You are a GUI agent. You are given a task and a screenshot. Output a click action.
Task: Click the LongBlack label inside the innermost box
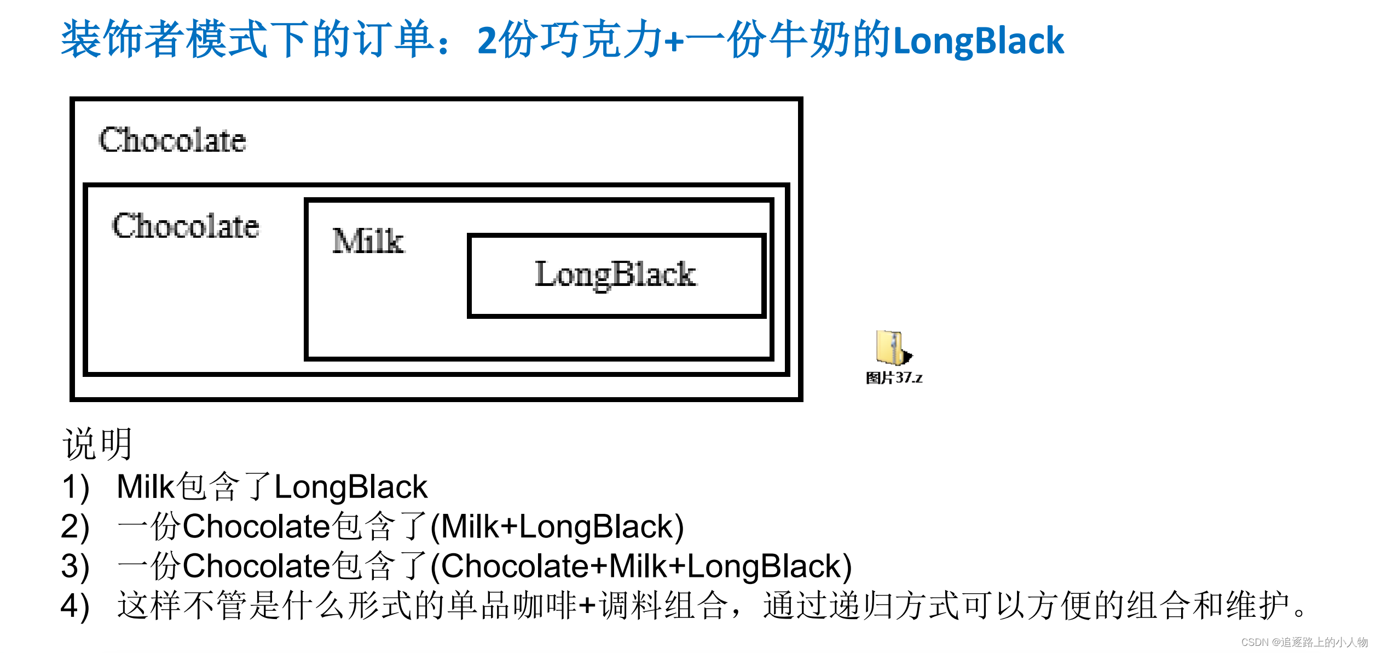pos(615,274)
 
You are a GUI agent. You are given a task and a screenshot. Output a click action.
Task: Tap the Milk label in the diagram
pos(368,241)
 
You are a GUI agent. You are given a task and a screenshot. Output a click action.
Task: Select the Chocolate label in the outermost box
pos(172,140)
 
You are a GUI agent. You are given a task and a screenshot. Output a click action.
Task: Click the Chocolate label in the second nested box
pos(186,226)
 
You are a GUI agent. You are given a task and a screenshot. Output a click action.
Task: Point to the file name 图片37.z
pos(894,378)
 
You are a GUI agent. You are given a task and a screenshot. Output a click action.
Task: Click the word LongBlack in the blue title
pos(978,41)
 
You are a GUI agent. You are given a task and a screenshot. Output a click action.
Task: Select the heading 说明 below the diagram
pos(97,444)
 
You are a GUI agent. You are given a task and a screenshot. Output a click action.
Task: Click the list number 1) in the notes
pos(76,487)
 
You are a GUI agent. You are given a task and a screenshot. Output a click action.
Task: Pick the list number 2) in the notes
pos(76,527)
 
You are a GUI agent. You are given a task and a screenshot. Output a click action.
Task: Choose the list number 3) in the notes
pos(76,566)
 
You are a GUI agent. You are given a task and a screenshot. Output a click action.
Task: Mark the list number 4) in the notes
pos(76,606)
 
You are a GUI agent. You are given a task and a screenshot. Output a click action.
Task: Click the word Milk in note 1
pos(145,486)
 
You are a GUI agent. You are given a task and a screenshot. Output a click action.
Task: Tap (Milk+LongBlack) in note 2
pos(557,527)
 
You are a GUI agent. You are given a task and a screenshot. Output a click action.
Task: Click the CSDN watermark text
pos(1304,642)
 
